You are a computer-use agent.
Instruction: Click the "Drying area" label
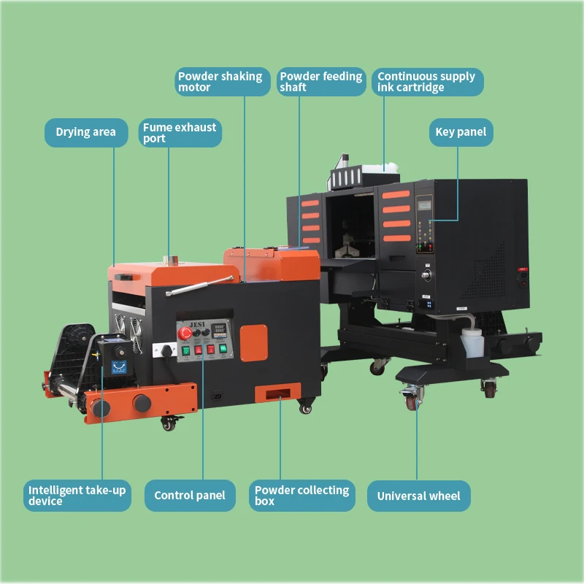click(x=85, y=132)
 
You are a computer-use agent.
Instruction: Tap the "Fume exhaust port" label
click(x=180, y=133)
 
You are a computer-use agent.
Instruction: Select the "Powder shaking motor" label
click(x=220, y=82)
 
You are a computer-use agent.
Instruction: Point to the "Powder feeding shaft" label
click(x=320, y=82)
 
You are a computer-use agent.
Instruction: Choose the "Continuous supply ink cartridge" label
click(x=427, y=82)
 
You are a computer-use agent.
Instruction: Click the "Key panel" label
click(x=460, y=132)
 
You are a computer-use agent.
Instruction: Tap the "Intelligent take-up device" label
click(x=77, y=496)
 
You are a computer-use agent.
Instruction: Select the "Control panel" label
click(x=190, y=496)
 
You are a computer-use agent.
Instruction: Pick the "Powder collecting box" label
click(x=301, y=496)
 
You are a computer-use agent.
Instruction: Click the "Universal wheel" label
click(x=418, y=496)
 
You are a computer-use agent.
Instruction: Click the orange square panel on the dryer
click(x=254, y=341)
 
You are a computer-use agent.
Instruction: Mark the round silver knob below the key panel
click(x=426, y=276)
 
